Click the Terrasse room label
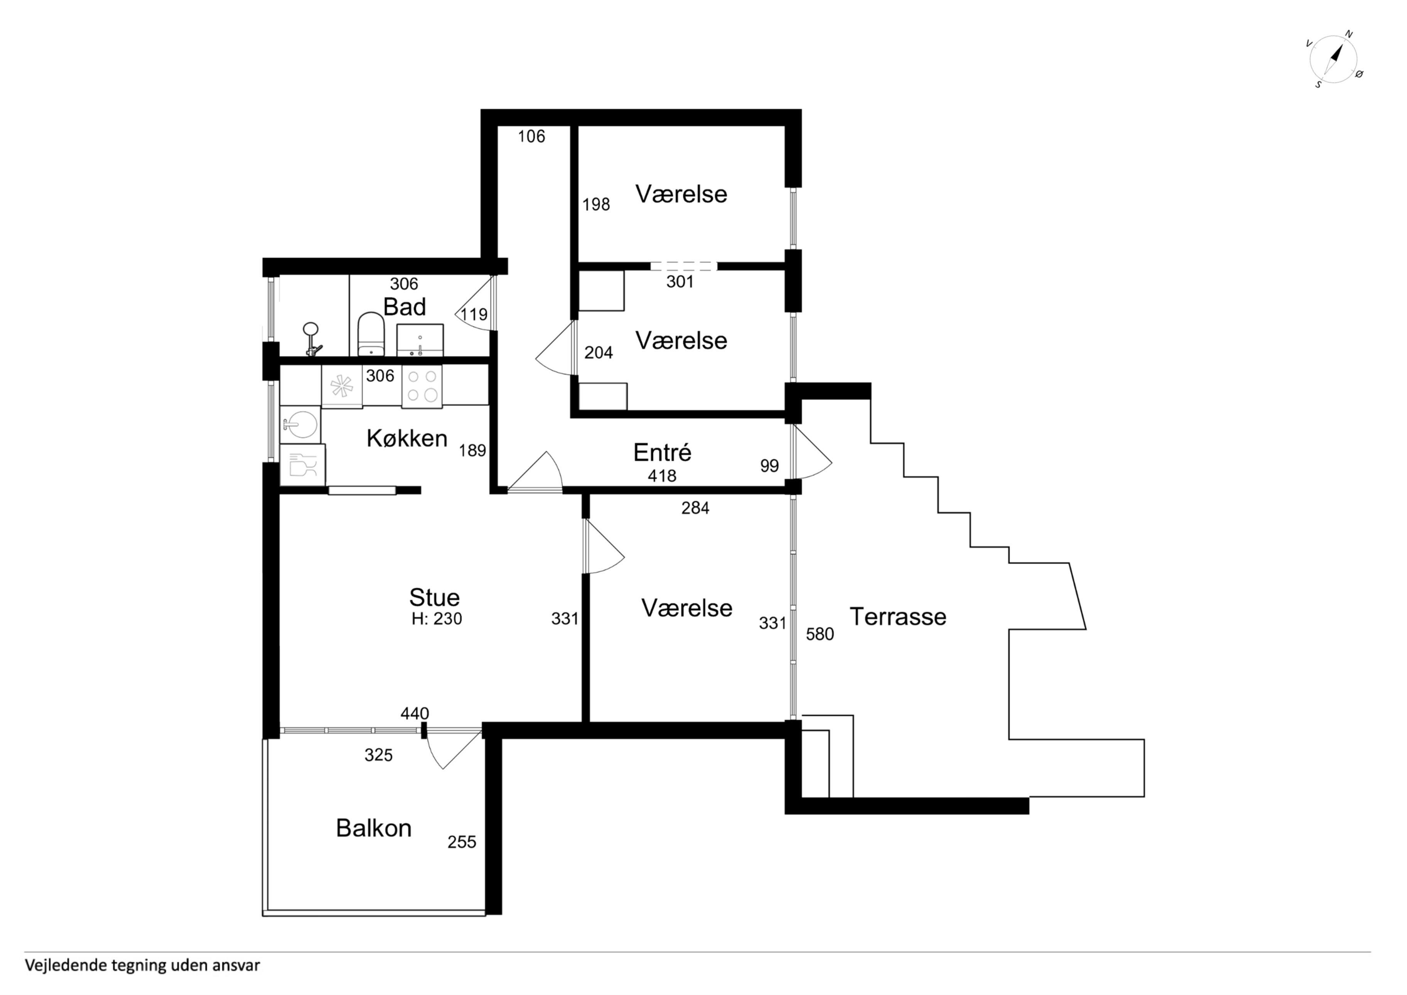point(898,617)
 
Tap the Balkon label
point(374,828)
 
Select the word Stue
point(434,597)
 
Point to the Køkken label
point(407,438)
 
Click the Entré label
point(663,453)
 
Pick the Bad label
point(405,307)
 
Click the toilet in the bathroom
point(371,334)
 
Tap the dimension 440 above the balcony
point(415,714)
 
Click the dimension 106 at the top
point(531,137)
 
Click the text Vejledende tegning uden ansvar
point(142,966)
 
